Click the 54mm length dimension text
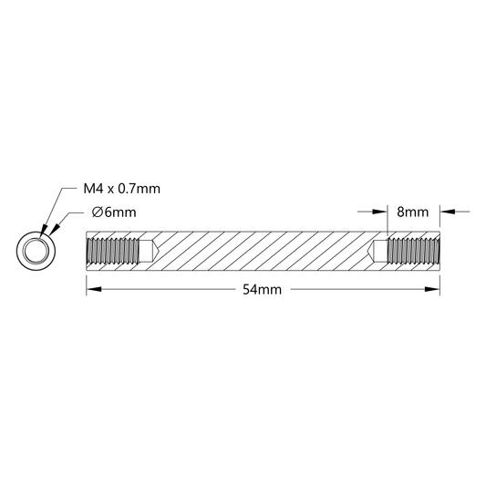(x=262, y=289)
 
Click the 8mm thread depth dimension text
(x=413, y=212)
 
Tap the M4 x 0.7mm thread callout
(x=122, y=189)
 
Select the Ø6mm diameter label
(x=114, y=212)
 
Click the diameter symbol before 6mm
(x=98, y=212)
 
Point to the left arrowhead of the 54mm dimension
(x=94, y=289)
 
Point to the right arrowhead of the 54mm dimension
(x=432, y=289)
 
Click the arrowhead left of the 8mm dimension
(x=379, y=212)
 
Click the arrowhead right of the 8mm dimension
(x=448, y=212)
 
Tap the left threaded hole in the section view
(x=113, y=251)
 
